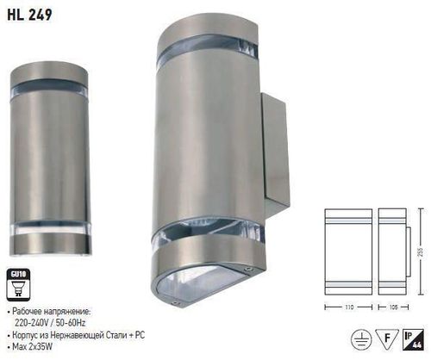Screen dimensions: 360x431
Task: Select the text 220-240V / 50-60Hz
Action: (53, 318)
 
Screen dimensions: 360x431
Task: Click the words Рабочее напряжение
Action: (51, 307)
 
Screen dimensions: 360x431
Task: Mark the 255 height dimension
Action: (421, 251)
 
